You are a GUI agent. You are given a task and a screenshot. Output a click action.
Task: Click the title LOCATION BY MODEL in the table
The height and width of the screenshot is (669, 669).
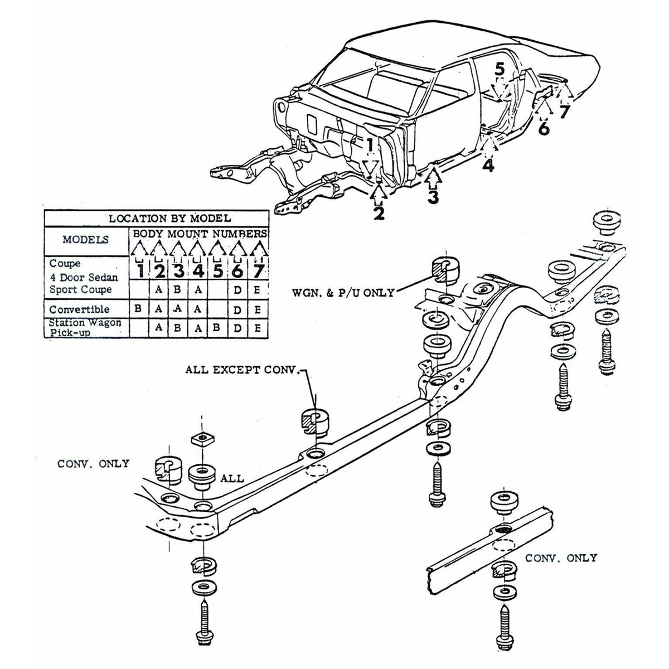pos(169,219)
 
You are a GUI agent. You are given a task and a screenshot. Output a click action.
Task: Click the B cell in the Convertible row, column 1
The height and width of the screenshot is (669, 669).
pos(139,309)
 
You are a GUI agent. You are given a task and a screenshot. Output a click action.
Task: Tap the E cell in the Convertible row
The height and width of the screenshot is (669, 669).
pos(257,309)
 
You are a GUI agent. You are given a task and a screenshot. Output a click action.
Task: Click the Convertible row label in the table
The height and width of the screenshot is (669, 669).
pos(79,309)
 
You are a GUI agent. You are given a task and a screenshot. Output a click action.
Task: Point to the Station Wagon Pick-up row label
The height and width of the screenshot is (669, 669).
pos(85,327)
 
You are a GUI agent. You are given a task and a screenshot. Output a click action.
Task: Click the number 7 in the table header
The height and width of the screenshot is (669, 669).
pos(258,271)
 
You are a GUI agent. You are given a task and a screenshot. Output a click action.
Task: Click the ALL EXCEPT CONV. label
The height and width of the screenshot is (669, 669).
pos(245,370)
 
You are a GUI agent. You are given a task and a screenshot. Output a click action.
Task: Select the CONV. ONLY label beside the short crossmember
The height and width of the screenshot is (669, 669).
pos(561,558)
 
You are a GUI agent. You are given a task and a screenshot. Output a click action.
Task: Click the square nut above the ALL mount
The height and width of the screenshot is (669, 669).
pos(201,439)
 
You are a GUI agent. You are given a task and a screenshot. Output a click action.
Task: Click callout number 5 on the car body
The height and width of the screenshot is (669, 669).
pos(499,69)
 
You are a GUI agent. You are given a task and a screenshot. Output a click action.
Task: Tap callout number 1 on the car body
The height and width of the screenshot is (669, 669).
pos(370,144)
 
